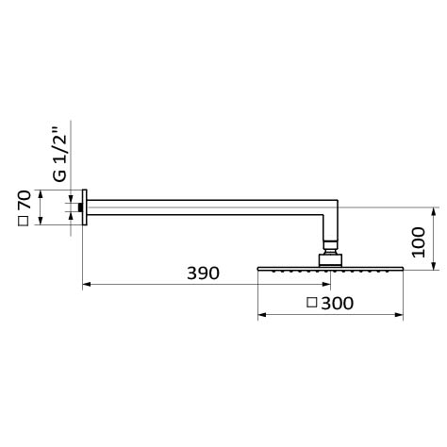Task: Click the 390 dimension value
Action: pos(203,273)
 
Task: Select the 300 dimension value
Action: pos(338,304)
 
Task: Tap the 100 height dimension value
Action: pos(419,242)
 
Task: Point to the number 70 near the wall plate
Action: pos(25,200)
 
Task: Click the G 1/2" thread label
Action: pos(59,154)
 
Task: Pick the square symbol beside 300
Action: pos(312,303)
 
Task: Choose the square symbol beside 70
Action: pos(24,221)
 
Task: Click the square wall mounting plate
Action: pos(85,207)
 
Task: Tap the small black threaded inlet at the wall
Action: pos(80,207)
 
